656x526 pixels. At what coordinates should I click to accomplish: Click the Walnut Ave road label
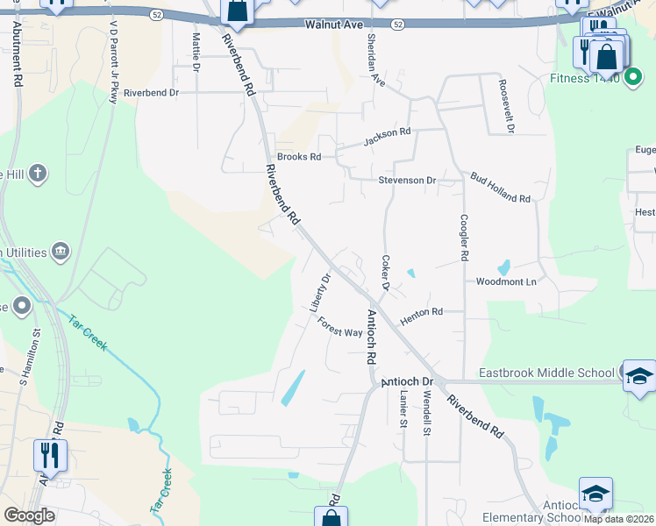click(334, 25)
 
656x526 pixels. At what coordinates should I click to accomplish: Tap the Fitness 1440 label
click(585, 78)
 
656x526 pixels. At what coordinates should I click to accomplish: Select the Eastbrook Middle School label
click(546, 373)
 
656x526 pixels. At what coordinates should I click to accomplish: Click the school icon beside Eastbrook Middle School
click(639, 375)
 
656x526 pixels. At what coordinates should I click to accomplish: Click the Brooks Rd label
click(299, 157)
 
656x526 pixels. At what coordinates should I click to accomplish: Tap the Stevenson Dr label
click(407, 180)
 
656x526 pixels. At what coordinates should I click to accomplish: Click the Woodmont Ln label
click(505, 281)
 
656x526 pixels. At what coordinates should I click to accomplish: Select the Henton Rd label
click(421, 316)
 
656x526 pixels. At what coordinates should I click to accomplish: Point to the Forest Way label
click(340, 327)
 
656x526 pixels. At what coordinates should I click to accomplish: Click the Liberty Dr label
click(320, 293)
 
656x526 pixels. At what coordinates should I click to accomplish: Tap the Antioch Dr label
click(407, 382)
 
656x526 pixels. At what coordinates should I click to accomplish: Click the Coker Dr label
click(384, 273)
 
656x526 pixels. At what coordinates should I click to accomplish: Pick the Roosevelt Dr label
click(505, 106)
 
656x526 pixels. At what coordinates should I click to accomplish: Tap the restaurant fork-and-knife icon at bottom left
click(50, 456)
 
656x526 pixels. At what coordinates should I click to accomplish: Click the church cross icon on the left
click(37, 174)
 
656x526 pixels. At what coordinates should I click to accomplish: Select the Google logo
click(30, 515)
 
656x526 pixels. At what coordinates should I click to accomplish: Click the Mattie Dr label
click(196, 53)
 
